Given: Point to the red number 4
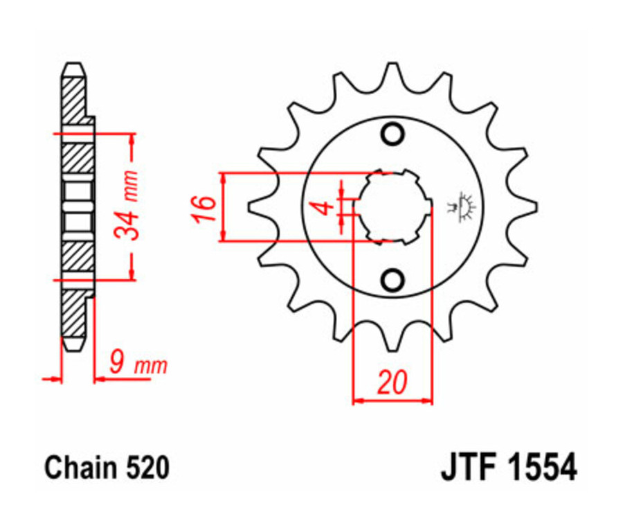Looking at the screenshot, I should pos(320,206).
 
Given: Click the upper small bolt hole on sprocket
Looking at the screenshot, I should pos(392,134).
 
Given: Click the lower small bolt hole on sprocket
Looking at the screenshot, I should pos(392,280).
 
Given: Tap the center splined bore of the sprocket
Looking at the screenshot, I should pos(392,206).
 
